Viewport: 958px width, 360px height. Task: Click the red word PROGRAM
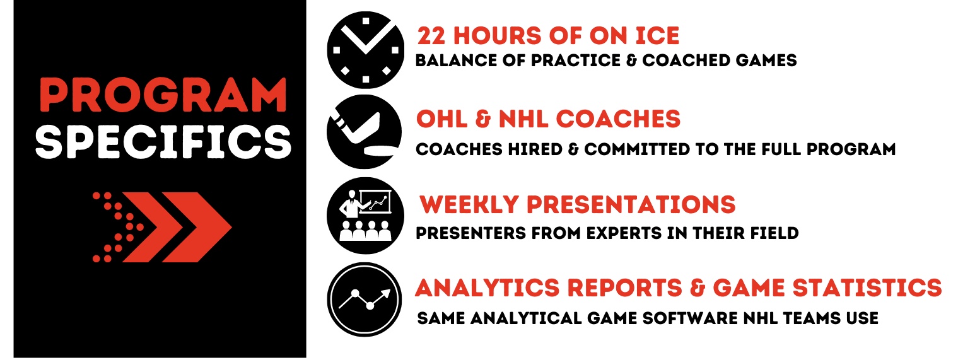click(x=163, y=95)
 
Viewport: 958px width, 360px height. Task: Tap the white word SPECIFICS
click(x=163, y=142)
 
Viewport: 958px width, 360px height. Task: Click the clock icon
click(x=365, y=50)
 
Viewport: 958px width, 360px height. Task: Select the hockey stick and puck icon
click(x=365, y=132)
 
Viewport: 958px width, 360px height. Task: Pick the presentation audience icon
click(x=365, y=216)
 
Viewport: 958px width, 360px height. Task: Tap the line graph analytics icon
click(x=365, y=299)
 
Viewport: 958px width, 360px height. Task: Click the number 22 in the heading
click(x=431, y=36)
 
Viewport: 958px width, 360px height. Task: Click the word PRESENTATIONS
click(x=631, y=204)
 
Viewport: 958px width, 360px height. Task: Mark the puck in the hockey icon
click(x=379, y=151)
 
